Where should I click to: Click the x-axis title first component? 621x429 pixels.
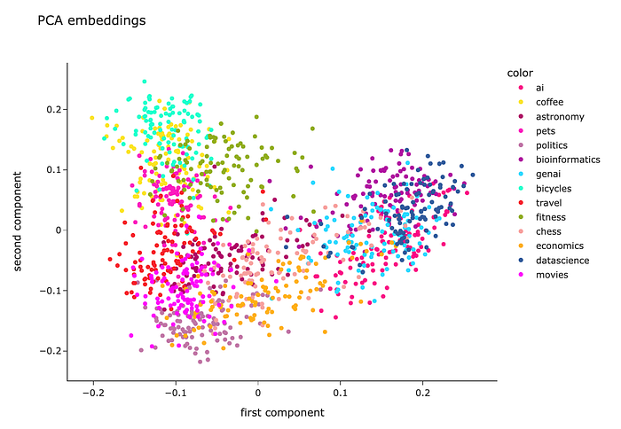[282, 413]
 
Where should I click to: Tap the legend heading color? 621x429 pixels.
[514, 72]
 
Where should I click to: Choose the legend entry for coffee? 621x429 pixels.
[549, 102]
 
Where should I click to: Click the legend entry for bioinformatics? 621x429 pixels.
[564, 160]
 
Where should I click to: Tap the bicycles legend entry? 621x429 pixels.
[553, 188]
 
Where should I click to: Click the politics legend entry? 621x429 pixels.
[550, 145]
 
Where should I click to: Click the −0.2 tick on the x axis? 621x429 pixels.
[92, 391]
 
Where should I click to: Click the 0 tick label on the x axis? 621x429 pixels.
[258, 391]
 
